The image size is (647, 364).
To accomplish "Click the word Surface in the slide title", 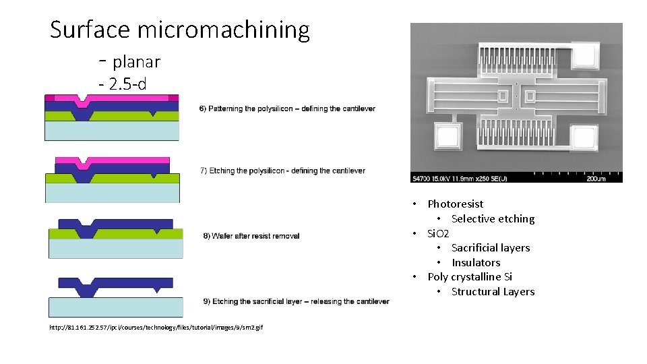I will coord(90,30).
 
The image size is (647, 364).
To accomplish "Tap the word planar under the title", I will coord(136,62).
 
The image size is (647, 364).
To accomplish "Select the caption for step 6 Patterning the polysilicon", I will coord(287,109).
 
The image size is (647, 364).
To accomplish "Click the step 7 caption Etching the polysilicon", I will coord(282,171).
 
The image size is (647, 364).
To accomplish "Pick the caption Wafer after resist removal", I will coord(251,236).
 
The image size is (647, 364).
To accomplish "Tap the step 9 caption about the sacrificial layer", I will coord(296,301).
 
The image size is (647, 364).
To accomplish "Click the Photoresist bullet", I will coord(455,204).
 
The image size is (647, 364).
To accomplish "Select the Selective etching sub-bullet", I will coord(493,219).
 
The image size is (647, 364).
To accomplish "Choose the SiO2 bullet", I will coord(438,233).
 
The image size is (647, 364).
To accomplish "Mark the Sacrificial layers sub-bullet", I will coord(491,248).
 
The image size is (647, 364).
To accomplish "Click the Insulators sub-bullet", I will coord(476,263).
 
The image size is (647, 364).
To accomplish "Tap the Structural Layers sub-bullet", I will coord(493,292).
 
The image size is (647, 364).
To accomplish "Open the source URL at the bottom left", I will coord(156,328).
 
